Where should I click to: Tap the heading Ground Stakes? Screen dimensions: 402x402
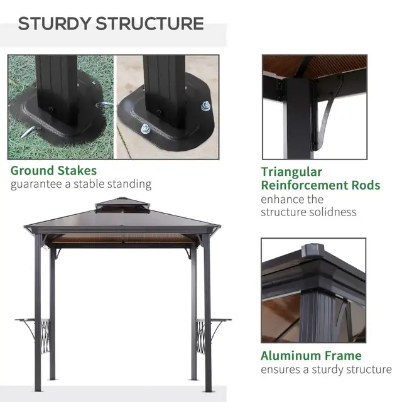coord(53,170)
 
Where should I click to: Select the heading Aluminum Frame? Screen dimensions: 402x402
coord(311,356)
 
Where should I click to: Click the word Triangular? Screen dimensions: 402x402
coord(291,171)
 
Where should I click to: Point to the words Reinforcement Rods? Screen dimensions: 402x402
coord(320,185)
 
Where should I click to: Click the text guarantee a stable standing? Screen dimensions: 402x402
coord(81,184)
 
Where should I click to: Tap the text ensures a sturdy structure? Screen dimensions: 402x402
coord(326,369)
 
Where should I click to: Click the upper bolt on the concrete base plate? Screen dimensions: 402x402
coord(205,106)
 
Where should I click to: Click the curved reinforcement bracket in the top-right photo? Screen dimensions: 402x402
coord(328,116)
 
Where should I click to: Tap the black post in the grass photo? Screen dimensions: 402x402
coord(57,88)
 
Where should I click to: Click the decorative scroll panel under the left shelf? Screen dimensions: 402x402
coord(44,337)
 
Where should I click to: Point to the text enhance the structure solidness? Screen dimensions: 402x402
coord(308,205)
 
